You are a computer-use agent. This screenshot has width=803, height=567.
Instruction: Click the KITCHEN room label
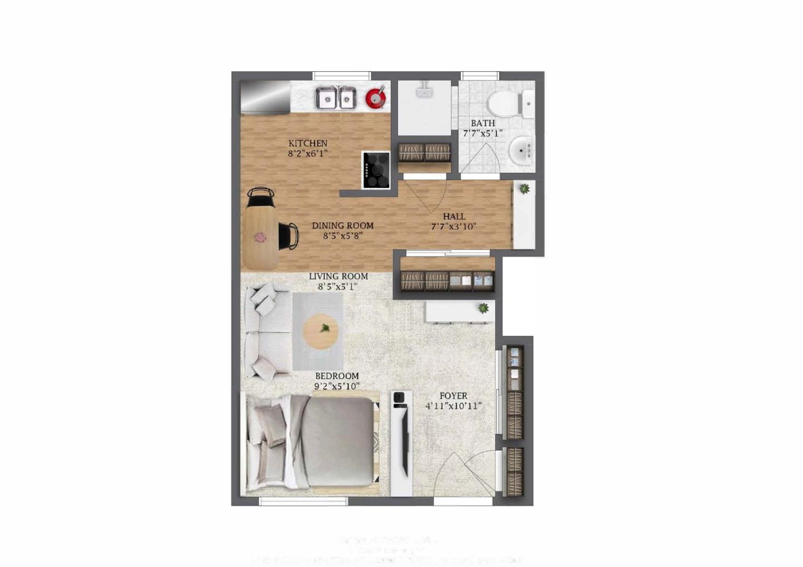(308, 143)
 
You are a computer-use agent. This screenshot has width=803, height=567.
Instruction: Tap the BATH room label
(483, 123)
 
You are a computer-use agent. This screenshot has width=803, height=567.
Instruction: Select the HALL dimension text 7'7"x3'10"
(453, 227)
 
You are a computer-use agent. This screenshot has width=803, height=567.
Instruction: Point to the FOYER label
(453, 396)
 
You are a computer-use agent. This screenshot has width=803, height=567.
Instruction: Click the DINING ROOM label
(342, 226)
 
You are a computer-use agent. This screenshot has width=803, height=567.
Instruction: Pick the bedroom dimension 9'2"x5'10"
(337, 386)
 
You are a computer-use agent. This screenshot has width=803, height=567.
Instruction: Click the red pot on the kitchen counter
(376, 98)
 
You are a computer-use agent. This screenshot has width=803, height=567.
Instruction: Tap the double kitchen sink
(336, 99)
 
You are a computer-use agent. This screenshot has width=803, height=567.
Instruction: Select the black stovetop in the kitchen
(376, 169)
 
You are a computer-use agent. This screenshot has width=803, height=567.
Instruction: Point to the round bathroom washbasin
(521, 149)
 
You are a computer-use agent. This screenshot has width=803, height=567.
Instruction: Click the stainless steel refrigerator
(265, 97)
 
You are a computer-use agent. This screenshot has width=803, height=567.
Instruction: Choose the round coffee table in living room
(321, 332)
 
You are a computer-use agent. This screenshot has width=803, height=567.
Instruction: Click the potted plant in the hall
(524, 189)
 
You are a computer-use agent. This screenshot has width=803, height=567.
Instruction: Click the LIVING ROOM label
(338, 276)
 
